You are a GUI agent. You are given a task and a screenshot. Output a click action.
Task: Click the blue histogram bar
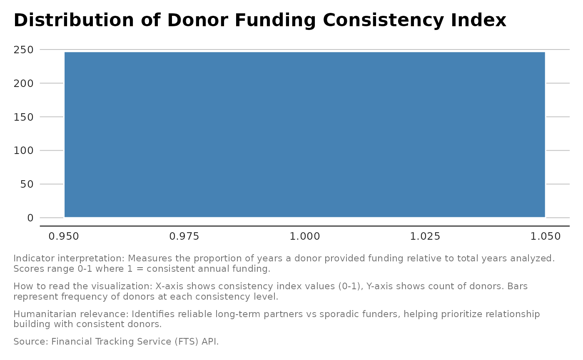[304, 134]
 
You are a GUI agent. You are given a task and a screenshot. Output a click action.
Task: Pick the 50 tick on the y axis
[27, 184]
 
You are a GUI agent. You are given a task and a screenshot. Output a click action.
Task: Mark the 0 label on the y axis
[30, 218]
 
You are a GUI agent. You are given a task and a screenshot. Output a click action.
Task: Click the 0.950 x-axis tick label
[64, 237]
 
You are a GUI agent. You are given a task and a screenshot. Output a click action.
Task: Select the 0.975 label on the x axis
[184, 237]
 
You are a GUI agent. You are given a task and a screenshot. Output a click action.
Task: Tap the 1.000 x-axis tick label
[304, 237]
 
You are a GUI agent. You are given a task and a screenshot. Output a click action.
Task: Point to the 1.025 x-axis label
[425, 237]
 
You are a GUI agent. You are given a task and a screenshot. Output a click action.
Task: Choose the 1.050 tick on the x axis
[546, 237]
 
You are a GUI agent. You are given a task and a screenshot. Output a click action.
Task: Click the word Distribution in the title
[74, 20]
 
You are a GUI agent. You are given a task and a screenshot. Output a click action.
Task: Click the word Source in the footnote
[31, 342]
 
